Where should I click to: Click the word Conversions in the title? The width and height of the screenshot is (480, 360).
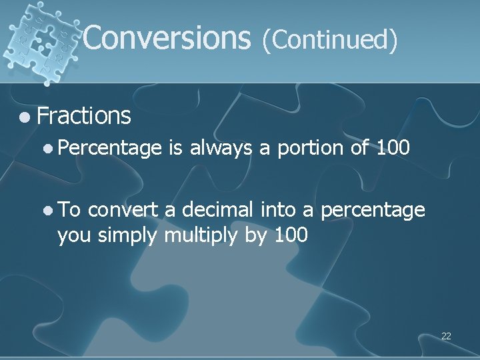166,39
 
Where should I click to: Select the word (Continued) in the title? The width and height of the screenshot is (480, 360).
330,39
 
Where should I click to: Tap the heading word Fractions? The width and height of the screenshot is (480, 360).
84,116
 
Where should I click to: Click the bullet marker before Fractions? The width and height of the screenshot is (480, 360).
25,117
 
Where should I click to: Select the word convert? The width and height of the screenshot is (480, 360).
123,211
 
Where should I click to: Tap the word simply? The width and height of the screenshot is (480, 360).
128,236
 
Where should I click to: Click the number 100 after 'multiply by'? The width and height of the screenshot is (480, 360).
291,235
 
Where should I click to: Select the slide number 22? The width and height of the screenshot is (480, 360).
446,336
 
